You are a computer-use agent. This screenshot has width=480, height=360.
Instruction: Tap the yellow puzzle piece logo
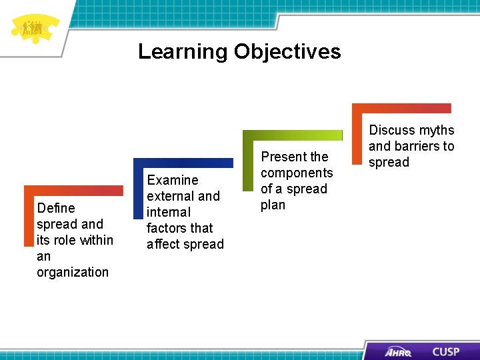tap(34, 28)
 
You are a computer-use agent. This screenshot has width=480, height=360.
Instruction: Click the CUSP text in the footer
tap(445, 351)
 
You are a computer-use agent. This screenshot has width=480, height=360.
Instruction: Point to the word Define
tap(56, 208)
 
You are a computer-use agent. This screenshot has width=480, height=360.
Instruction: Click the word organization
tap(73, 272)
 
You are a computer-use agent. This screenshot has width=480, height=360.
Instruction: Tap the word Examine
tap(173, 180)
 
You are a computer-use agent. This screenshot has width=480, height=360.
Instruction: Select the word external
tap(167, 196)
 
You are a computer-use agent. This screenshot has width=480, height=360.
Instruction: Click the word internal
tap(169, 212)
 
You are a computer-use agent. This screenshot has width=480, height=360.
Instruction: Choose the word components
tap(297, 173)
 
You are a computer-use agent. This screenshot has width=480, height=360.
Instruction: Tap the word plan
tap(273, 205)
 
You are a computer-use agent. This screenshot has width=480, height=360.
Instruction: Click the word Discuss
tap(391, 130)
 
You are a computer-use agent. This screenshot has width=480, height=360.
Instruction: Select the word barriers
tap(417, 146)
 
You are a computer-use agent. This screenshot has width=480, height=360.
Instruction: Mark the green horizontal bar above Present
tap(293, 135)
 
